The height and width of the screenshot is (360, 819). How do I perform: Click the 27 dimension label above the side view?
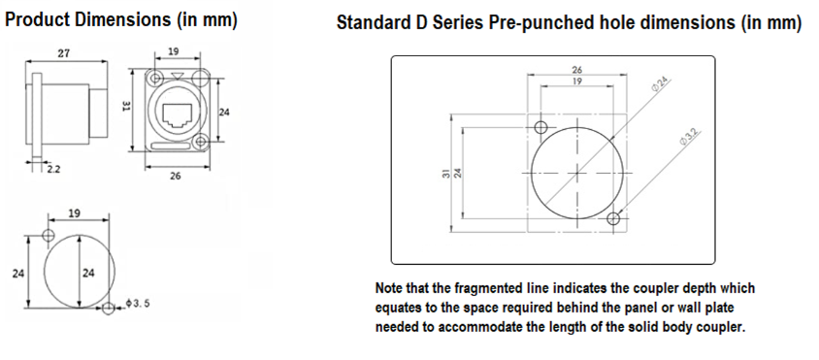(64, 53)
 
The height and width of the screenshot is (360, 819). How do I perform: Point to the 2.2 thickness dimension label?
(53, 169)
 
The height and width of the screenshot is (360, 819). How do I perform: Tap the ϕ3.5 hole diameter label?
(138, 303)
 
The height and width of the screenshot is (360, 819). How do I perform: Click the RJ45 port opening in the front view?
(177, 116)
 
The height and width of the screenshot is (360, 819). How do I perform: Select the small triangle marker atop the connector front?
(178, 77)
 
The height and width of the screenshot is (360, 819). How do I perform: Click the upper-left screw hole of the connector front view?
(155, 79)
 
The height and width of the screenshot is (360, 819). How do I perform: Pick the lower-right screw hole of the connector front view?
(200, 142)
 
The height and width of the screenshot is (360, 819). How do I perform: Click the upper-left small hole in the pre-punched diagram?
(541, 127)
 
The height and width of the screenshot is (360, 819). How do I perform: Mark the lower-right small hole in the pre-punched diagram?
(614, 218)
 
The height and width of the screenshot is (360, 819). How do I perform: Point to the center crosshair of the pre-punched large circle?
(576, 173)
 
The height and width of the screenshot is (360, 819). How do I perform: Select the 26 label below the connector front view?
(176, 176)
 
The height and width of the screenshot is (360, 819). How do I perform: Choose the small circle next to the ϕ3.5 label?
(108, 309)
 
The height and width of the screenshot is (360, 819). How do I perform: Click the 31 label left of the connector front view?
(126, 107)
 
